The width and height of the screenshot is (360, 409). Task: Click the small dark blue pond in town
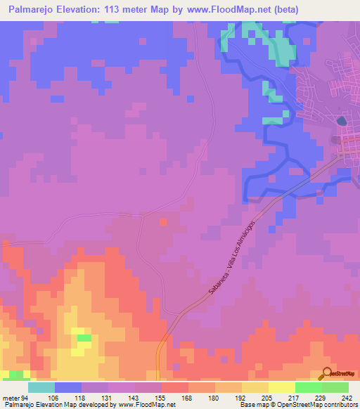pos(342,121)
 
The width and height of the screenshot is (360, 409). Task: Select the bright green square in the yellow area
pos(84,338)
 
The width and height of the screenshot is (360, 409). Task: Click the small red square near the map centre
pos(163,222)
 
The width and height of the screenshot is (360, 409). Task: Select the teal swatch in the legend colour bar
pos(41,387)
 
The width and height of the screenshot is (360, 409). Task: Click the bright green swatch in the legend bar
pos(308,387)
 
